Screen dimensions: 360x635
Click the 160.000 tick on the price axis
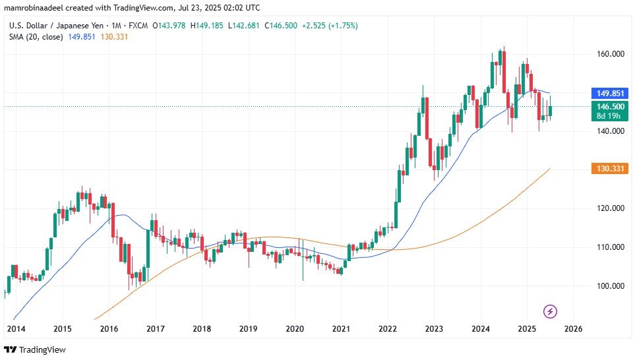point(606,53)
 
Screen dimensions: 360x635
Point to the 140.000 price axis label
point(606,131)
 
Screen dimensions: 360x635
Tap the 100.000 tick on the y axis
point(606,286)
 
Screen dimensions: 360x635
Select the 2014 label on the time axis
point(16,328)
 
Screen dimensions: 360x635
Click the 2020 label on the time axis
point(294,328)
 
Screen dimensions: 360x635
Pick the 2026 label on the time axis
point(573,328)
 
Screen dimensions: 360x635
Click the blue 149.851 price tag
point(607,94)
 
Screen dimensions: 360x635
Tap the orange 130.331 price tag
point(607,169)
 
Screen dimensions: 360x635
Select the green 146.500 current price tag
point(607,106)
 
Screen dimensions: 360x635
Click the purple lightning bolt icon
point(550,311)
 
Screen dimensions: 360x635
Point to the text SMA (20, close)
point(36,37)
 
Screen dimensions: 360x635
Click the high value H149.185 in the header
point(209,26)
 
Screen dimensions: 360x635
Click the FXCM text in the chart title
point(136,26)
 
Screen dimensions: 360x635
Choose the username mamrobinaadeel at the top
point(35,7)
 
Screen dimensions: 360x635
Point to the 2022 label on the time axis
point(387,328)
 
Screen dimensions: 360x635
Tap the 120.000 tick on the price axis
point(606,208)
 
